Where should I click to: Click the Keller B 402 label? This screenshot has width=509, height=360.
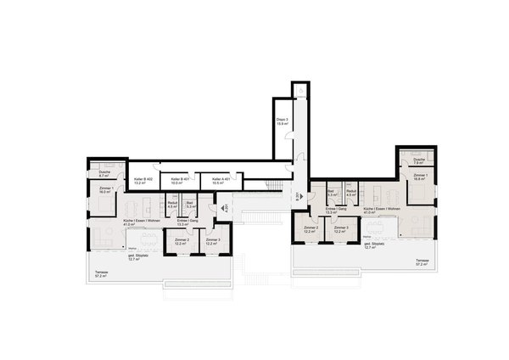pos(143,181)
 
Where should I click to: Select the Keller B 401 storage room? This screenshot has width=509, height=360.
pos(179,181)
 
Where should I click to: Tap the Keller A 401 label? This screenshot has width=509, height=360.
pos(221,181)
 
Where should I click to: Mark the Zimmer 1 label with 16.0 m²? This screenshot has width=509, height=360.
pos(106,190)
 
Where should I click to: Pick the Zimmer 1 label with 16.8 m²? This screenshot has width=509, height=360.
pos(420,177)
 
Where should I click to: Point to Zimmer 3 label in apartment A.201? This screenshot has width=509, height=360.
pos(212,242)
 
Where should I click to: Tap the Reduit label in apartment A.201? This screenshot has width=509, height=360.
pos(171,205)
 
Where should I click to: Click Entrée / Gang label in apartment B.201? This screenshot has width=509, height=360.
pos(338,210)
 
